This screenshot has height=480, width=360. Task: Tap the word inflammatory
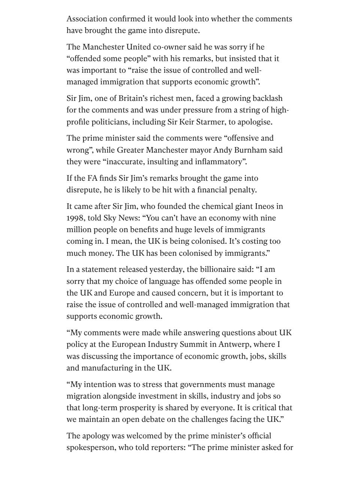tap(218, 162)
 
